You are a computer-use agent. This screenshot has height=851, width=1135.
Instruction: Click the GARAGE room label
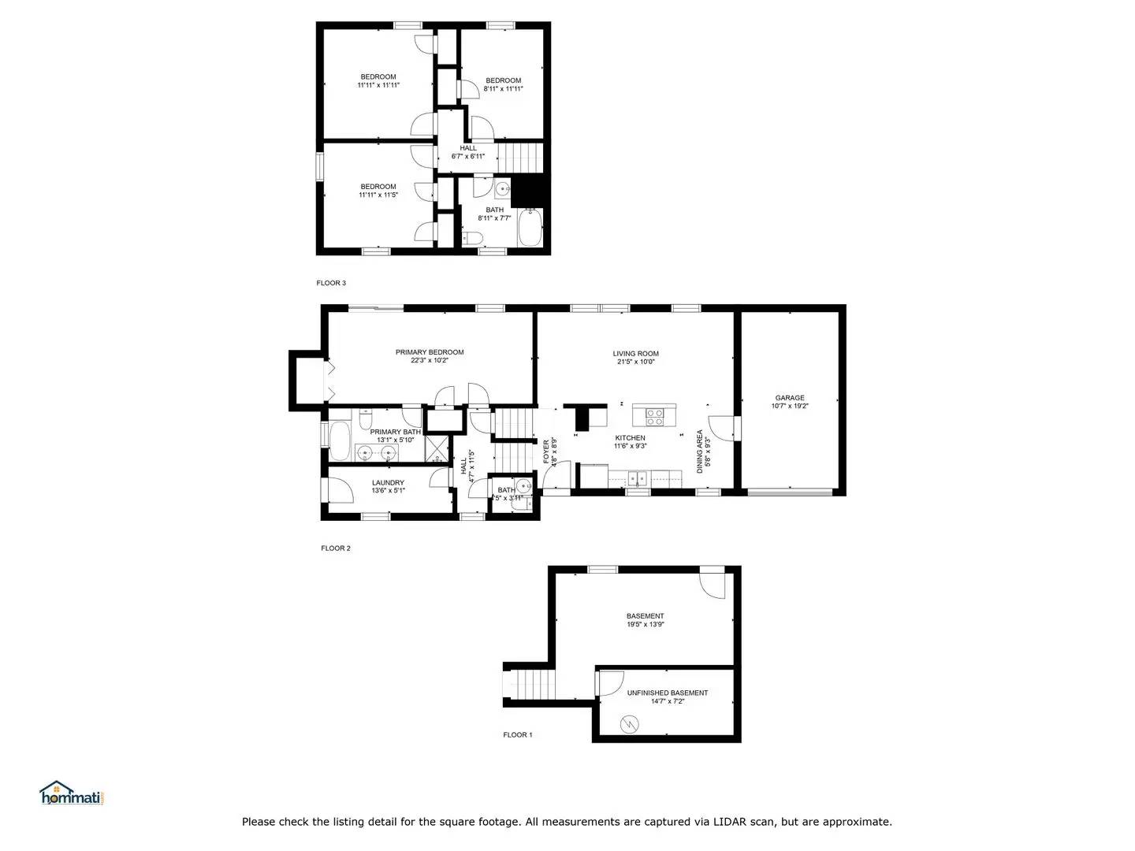789,398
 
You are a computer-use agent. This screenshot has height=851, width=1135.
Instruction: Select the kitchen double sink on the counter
637,477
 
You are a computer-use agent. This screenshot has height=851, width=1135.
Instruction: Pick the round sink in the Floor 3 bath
502,189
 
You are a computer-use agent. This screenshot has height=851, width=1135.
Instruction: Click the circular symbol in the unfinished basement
630,723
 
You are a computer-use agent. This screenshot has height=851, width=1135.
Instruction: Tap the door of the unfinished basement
611,682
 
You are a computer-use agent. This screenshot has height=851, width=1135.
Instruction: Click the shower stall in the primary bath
436,447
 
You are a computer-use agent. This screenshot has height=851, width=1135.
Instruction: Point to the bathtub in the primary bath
340,441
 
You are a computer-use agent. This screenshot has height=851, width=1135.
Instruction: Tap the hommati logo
72,794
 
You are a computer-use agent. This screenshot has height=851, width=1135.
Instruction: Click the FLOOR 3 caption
331,283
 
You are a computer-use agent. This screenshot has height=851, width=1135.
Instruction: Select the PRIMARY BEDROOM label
430,352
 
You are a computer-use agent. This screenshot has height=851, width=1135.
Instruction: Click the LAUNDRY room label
388,482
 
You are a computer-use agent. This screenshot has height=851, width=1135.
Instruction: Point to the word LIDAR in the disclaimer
731,822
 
